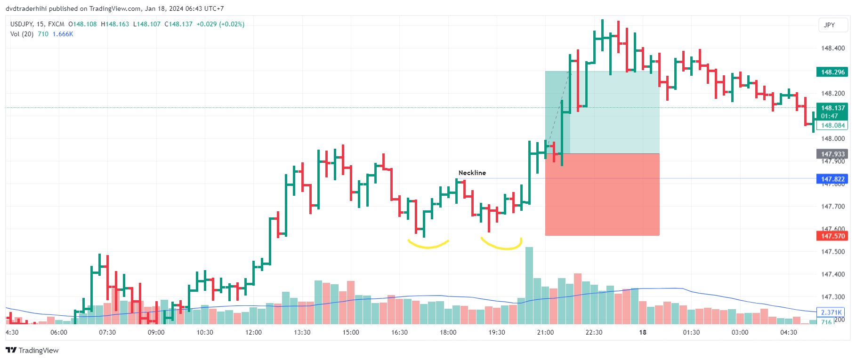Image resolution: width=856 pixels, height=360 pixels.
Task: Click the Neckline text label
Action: (472, 173)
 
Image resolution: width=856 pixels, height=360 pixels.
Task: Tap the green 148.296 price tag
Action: (832, 72)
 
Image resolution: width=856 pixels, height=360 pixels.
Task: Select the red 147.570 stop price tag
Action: (832, 236)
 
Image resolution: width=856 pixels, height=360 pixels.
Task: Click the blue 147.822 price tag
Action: (832, 179)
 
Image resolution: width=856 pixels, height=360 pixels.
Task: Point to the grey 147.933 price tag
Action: (832, 154)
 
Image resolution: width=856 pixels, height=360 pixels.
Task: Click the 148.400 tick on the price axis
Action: (832, 48)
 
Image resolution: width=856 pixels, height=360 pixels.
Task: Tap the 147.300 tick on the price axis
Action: (832, 297)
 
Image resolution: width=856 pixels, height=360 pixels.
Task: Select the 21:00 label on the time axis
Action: (545, 332)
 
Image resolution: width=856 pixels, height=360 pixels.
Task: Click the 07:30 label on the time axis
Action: (107, 332)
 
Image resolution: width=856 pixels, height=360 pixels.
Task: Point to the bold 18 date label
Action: (642, 332)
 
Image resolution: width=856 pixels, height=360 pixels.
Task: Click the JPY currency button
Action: (829, 25)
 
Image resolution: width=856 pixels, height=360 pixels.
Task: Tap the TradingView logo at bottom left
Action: (32, 350)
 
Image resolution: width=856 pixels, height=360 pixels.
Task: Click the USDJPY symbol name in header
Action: (21, 24)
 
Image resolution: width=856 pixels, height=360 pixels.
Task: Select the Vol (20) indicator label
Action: (22, 34)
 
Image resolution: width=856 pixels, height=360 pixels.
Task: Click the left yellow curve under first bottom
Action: (428, 245)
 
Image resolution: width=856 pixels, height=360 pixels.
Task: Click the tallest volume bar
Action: (529, 285)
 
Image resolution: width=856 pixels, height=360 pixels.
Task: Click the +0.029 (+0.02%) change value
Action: (220, 24)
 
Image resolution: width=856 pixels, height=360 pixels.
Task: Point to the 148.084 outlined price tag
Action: (832, 125)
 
